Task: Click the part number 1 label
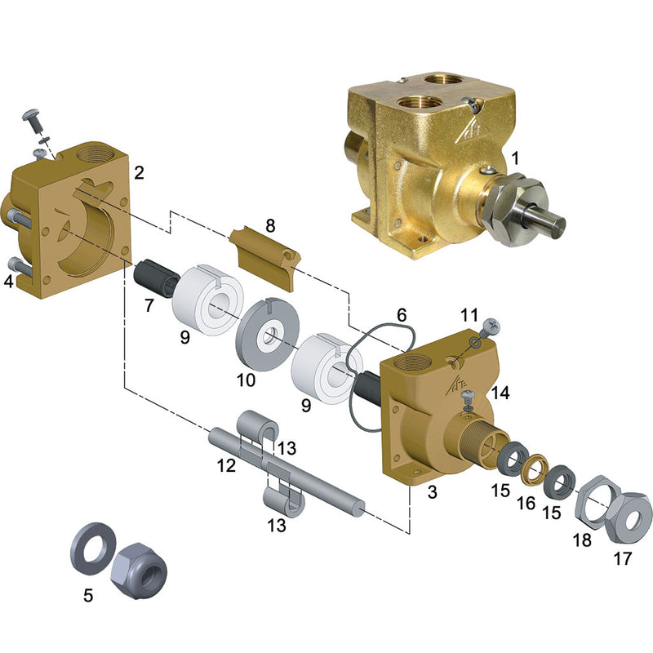tap(516, 158)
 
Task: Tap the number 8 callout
tap(270, 226)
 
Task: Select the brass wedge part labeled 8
tap(265, 257)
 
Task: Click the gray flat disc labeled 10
tap(268, 335)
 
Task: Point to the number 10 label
tap(247, 380)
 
